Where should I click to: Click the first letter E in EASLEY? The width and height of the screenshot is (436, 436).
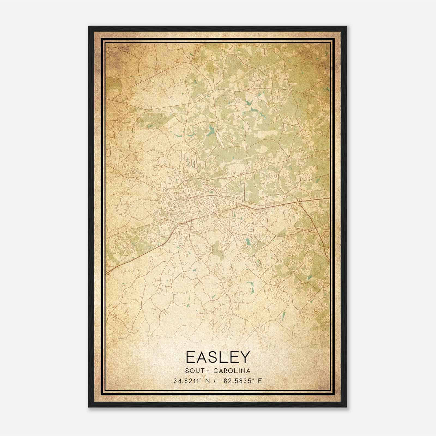coord(190,357)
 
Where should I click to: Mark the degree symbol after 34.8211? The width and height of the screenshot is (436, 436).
coord(201,379)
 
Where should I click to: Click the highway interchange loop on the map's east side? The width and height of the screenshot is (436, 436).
coord(299,201)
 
